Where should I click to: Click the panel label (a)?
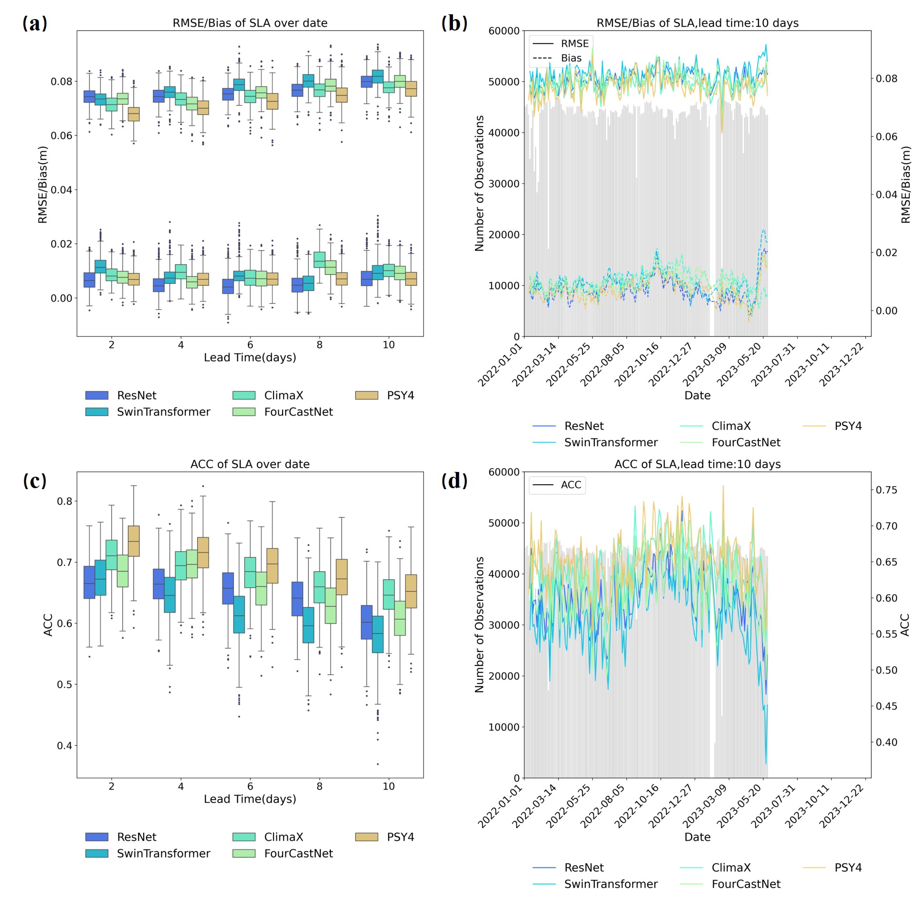point(35,23)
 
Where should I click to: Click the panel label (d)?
point(454,480)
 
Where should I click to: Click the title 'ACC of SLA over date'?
point(250,464)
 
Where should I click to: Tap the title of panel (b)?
point(697,23)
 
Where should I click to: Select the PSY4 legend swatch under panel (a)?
point(366,395)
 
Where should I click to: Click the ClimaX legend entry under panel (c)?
point(283,837)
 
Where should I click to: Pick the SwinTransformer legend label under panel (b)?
point(611,442)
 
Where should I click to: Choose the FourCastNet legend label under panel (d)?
point(746,884)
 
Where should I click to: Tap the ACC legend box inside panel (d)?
point(557,485)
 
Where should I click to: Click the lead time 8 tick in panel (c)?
point(319,786)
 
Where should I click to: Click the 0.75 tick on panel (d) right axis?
point(886,490)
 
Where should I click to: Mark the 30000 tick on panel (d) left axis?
point(504,625)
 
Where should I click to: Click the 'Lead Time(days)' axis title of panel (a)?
point(250,357)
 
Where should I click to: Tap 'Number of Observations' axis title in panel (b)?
point(479,183)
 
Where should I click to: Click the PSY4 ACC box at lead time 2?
point(134,541)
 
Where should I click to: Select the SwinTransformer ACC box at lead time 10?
point(378,634)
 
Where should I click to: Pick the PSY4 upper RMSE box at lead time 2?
point(134,114)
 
